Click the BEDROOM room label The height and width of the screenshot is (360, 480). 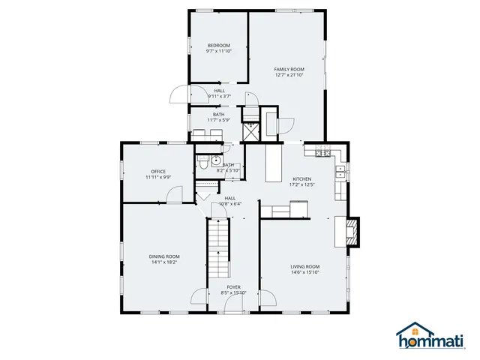click(x=219, y=45)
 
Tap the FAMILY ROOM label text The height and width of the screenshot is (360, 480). click(x=289, y=68)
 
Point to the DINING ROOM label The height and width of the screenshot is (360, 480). click(x=163, y=256)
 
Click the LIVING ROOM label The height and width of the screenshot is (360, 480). click(x=305, y=266)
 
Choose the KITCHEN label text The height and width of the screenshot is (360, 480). click(x=301, y=178)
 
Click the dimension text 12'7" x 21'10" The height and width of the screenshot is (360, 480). click(x=289, y=74)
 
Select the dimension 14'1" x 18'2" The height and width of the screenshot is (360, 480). click(x=163, y=262)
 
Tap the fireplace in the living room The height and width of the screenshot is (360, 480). click(x=352, y=230)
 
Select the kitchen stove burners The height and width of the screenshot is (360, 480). click(x=322, y=153)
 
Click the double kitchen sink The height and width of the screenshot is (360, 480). click(x=340, y=173)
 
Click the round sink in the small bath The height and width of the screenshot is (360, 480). click(x=214, y=160)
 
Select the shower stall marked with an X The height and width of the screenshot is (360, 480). click(x=249, y=131)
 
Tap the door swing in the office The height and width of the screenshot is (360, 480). click(x=173, y=194)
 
